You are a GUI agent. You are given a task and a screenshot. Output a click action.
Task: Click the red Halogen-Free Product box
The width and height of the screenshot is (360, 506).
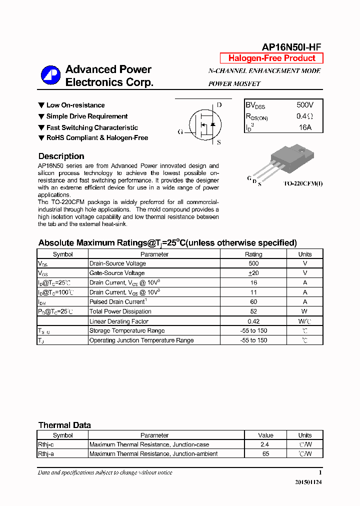point(271,58)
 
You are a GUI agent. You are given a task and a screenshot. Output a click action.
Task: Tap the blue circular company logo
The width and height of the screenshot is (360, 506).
point(50,75)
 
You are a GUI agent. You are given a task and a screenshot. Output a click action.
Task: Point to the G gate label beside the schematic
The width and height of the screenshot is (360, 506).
point(180,132)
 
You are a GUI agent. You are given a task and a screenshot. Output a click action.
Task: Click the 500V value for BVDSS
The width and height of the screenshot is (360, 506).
point(304,105)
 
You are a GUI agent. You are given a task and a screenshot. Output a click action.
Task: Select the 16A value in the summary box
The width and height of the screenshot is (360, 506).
point(304,127)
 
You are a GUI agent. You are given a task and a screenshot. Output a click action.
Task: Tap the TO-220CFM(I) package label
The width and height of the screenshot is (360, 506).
point(303,183)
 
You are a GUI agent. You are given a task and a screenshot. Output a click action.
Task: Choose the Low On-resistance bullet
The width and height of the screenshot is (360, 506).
point(75,105)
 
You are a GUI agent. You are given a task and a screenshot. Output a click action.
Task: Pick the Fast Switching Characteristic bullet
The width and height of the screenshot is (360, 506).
point(91,127)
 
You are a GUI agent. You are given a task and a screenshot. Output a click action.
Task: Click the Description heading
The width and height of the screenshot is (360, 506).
point(61,156)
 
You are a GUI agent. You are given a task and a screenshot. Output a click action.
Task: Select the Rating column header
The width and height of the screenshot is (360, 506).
point(253,254)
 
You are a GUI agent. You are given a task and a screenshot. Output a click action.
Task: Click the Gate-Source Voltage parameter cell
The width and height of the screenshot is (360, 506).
point(117,273)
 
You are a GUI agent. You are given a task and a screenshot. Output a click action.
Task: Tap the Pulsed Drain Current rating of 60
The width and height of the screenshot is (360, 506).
point(253,302)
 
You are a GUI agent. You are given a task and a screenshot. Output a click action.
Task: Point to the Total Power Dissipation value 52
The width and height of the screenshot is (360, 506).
point(253,311)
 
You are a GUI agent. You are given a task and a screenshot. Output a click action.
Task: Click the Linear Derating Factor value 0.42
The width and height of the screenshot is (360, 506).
point(253,321)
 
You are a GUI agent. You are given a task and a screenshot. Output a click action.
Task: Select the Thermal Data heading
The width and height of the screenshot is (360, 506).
point(64,425)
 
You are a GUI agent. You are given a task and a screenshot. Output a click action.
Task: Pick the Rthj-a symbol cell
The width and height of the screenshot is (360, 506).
point(46,454)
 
